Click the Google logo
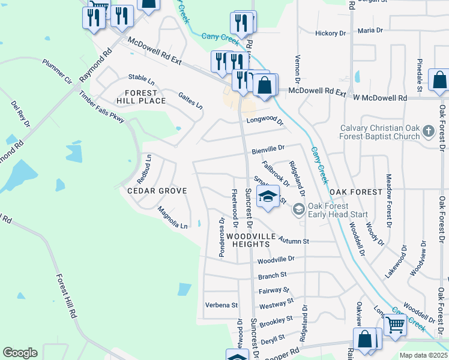click(x=20, y=353)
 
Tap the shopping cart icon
click(x=394, y=325)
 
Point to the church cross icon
click(x=428, y=131)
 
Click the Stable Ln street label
click(x=142, y=79)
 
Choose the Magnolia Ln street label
click(x=172, y=218)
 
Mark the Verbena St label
click(x=221, y=305)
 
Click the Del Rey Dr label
click(x=20, y=114)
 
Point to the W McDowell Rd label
click(x=379, y=97)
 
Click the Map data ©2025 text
click(x=423, y=355)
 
